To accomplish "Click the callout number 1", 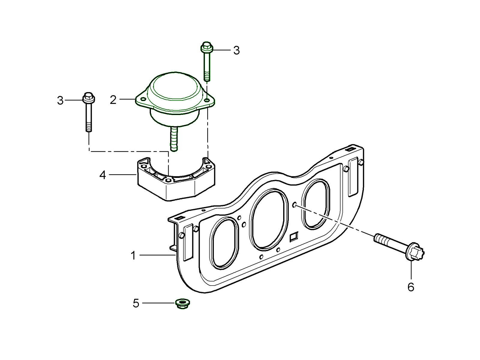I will tap(133, 256).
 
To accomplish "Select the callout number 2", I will tap(113, 100).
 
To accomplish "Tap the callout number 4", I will tap(103, 175).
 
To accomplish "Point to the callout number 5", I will tap(136, 303).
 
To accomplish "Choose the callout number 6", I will tap(411, 287).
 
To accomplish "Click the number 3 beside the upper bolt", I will tap(236, 50).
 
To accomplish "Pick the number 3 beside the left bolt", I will tap(60, 100).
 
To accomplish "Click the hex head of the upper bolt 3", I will tap(206, 47).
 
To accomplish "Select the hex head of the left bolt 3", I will tap(88, 97).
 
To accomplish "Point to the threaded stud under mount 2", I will tap(174, 138).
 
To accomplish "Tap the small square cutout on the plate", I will tap(293, 237).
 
